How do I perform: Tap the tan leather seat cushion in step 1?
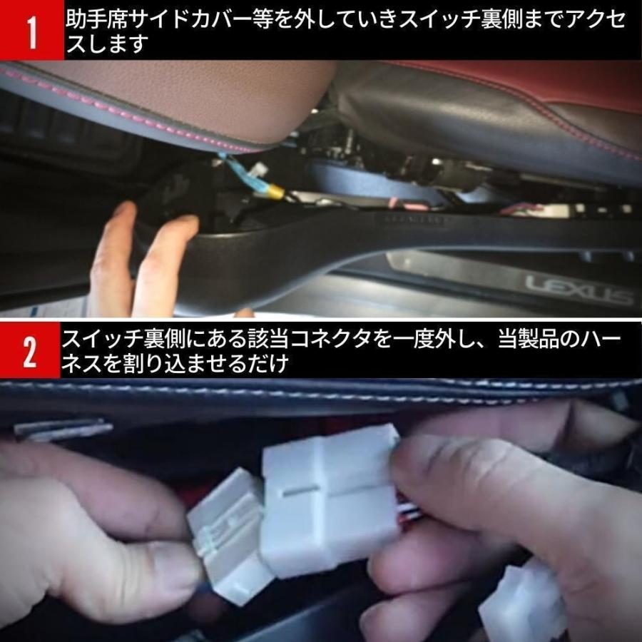pos(200,100)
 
